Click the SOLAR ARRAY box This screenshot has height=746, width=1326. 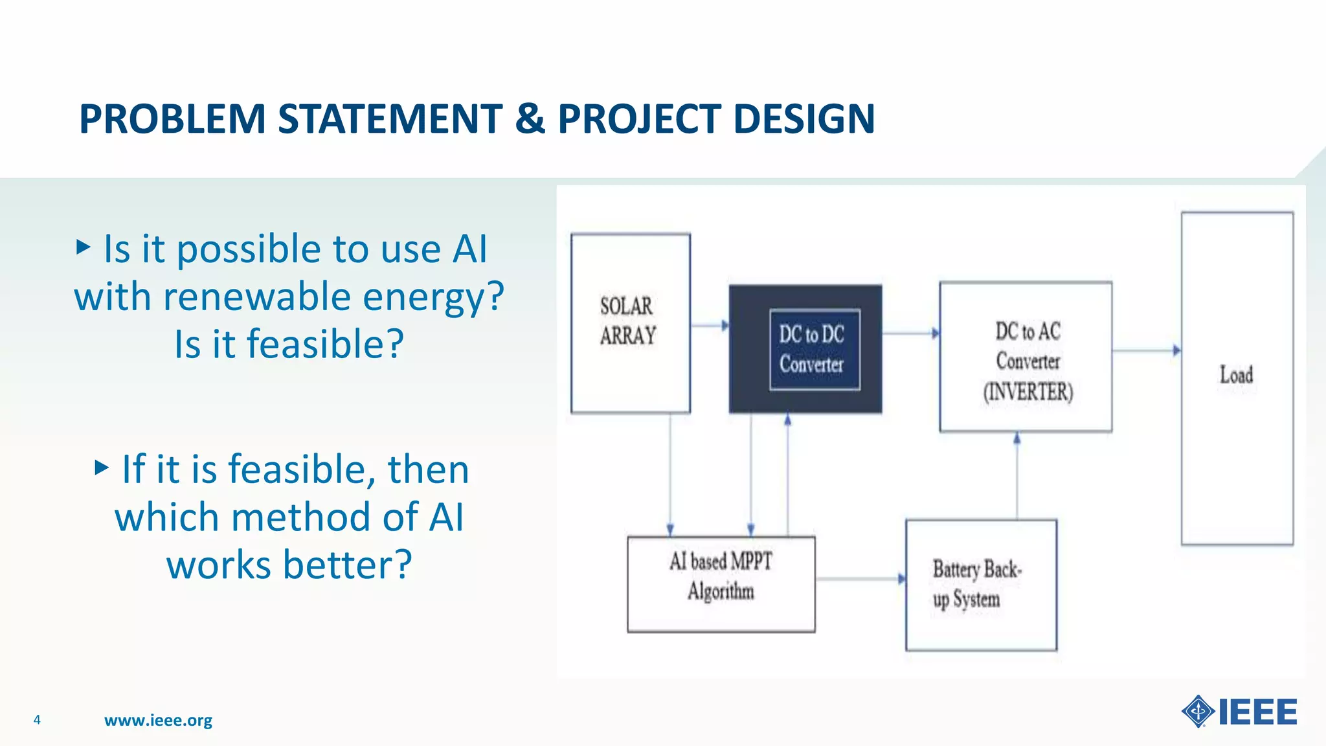tap(629, 322)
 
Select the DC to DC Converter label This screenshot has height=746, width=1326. tap(812, 349)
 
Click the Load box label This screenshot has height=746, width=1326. tap(1236, 375)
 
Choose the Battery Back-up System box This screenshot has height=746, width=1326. tap(980, 585)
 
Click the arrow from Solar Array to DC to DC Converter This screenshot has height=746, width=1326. tap(710, 325)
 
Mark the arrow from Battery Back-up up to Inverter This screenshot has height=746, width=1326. tap(1017, 476)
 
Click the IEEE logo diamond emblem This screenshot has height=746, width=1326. tap(1198, 712)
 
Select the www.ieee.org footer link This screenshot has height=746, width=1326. tap(158, 720)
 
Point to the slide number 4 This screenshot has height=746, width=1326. tap(37, 719)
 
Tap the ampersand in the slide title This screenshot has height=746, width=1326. tap(530, 119)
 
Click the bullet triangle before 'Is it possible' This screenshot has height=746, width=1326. tap(83, 247)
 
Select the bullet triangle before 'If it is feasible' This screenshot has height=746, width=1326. tap(101, 468)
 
